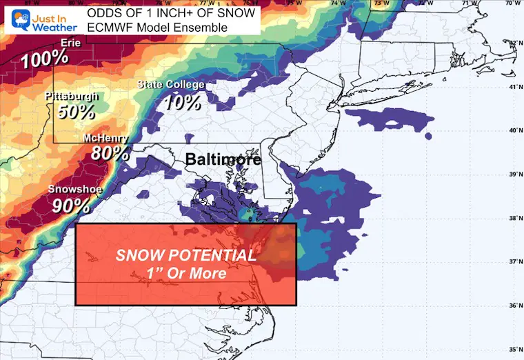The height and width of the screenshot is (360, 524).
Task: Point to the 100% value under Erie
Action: coord(44,59)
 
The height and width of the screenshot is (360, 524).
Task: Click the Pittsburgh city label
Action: coord(71,96)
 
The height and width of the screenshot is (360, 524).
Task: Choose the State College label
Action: coord(170,85)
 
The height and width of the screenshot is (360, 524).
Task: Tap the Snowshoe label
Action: coord(70,189)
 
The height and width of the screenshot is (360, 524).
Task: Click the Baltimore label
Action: coord(223,159)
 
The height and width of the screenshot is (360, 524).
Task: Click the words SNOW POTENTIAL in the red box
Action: coord(186,255)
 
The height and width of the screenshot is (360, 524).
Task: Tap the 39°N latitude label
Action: coord(513,174)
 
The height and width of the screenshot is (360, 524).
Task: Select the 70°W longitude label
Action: coord(511,3)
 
